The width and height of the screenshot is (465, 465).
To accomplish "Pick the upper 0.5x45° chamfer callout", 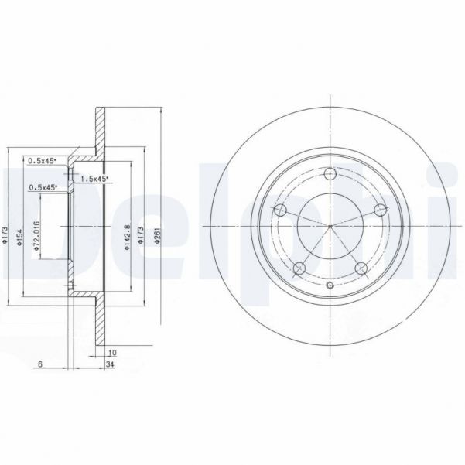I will tap(42, 161).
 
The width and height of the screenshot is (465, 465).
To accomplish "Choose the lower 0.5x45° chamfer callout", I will tap(42, 187).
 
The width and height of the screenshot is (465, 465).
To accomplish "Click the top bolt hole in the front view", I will tap(330, 174).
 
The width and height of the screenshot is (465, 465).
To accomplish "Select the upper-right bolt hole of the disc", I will tap(378, 210).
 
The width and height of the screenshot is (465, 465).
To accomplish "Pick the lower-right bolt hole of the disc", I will tap(360, 268).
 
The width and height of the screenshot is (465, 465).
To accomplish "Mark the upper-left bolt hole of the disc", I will tap(281, 210).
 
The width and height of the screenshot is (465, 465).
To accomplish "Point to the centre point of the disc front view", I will tap(330, 226).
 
